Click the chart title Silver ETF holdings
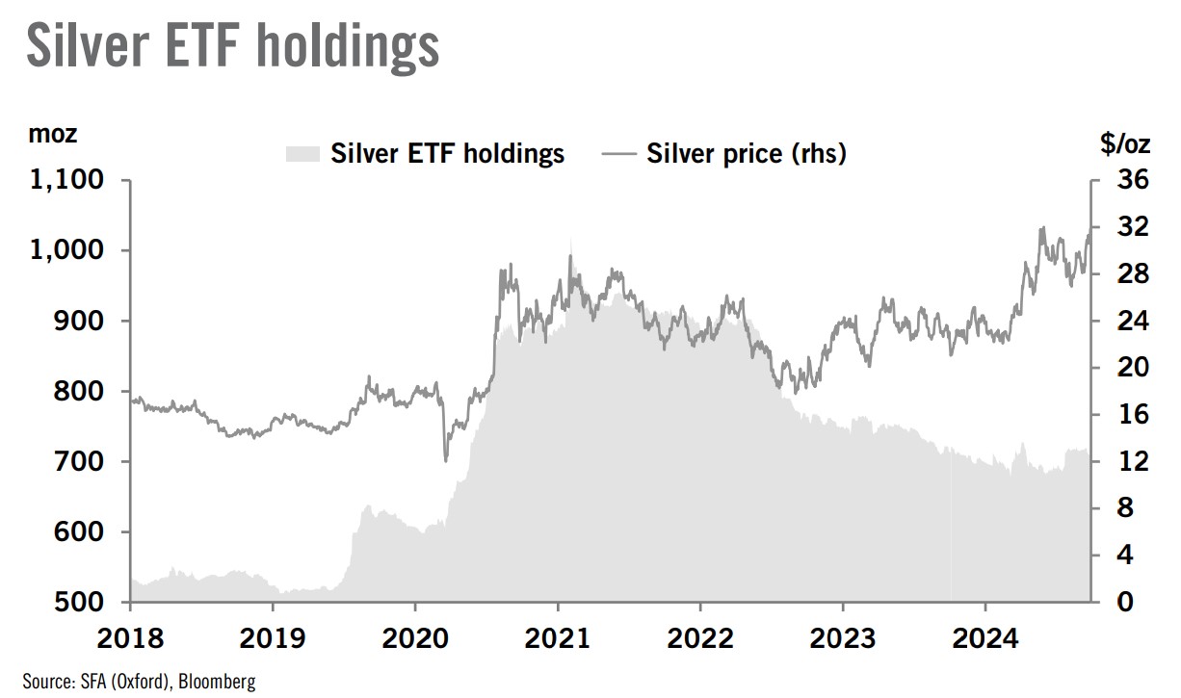pyautogui.click(x=232, y=45)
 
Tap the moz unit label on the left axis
pyautogui.click(x=53, y=135)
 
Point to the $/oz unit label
pyautogui.click(x=1125, y=144)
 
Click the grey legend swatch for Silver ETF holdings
pyautogui.click(x=302, y=154)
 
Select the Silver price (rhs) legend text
pyautogui.click(x=747, y=154)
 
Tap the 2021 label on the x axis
pyautogui.click(x=558, y=639)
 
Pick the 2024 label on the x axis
pyautogui.click(x=985, y=639)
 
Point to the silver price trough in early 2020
pyautogui.click(x=445, y=461)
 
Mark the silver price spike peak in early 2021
pyautogui.click(x=570, y=255)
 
